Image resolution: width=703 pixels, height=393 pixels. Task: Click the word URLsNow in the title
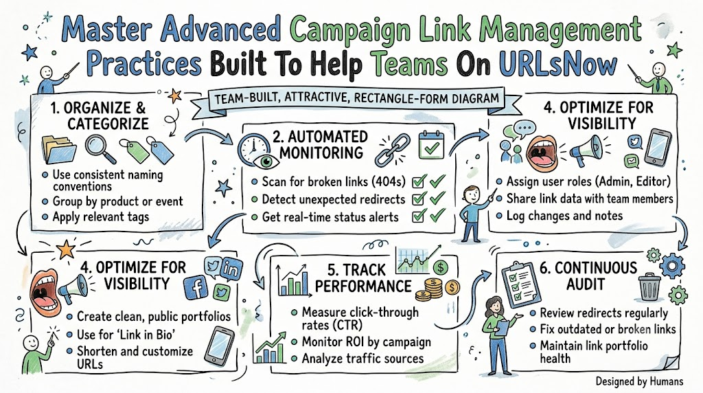click(557, 64)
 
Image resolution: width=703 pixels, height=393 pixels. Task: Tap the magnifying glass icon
click(100, 148)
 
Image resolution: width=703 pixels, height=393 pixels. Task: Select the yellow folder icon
click(58, 149)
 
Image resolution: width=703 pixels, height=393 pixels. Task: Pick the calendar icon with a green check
click(431, 146)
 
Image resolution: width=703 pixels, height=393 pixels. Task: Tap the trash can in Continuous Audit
click(649, 287)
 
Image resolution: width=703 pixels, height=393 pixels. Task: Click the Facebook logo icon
click(196, 287)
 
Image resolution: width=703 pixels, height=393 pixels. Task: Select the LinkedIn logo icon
click(231, 269)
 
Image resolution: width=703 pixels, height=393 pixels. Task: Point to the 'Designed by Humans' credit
click(639, 382)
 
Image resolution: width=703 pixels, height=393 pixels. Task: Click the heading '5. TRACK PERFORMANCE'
click(363, 278)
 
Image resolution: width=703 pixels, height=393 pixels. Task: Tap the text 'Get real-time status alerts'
click(330, 217)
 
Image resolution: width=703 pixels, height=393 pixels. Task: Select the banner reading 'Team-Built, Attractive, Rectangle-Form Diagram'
click(357, 99)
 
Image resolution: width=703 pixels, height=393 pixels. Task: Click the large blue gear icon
click(672, 267)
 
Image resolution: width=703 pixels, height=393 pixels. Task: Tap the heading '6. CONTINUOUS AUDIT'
click(588, 276)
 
